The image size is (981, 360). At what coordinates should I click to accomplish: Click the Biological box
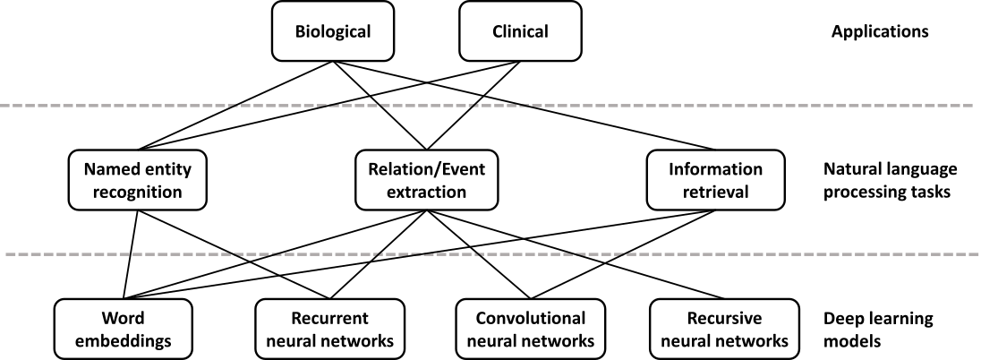333,31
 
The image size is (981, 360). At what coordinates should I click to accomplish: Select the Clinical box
520,31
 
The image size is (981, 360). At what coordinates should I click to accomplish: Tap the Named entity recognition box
138,180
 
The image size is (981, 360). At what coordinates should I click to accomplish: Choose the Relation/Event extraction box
426,180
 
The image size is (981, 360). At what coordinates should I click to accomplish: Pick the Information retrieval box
715,180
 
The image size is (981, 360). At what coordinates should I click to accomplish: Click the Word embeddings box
124,329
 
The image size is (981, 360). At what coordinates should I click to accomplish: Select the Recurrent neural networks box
329,329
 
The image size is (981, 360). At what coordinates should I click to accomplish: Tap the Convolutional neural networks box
530,329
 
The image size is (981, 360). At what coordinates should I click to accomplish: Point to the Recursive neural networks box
724,329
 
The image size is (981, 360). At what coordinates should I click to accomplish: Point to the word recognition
138,192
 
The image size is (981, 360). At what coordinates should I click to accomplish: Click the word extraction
426,192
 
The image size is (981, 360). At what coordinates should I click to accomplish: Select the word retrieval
715,192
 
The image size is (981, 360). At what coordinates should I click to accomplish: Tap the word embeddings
124,340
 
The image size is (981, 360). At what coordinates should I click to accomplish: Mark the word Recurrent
329,318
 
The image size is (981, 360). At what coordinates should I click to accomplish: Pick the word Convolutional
530,318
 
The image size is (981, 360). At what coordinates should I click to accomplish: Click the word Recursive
724,318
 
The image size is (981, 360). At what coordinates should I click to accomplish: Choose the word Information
715,169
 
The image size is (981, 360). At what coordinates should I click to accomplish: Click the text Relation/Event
426,169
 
